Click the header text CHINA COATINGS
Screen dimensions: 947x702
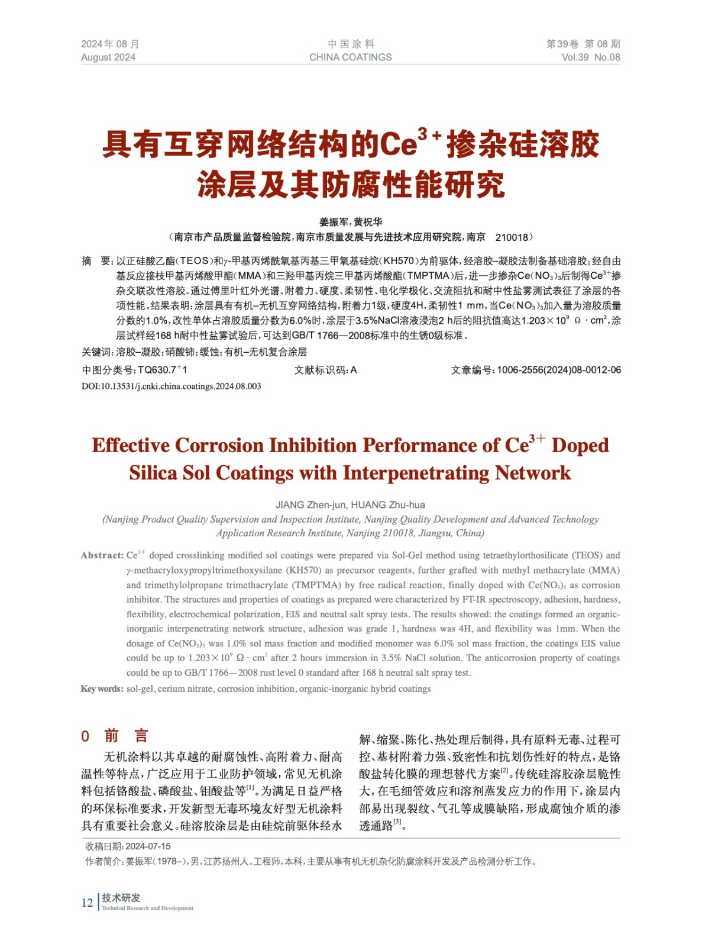(350, 57)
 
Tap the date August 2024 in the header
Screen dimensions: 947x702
(108, 57)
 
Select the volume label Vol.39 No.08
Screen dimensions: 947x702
(590, 57)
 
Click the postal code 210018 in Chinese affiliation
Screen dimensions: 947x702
(512, 237)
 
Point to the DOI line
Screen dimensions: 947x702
(172, 386)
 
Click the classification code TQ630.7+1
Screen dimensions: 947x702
(162, 370)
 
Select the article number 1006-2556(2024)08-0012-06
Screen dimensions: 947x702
(558, 370)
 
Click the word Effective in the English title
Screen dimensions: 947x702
(131, 446)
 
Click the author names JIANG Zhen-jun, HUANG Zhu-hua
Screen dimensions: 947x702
(350, 505)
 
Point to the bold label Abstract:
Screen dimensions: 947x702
(102, 555)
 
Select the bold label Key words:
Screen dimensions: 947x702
(102, 689)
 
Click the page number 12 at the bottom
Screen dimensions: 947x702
(87, 903)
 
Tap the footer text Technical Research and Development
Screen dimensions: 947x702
(147, 908)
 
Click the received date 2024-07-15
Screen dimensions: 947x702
(148, 846)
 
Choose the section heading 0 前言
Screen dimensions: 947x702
(115, 736)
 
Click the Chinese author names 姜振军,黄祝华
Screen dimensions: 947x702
(351, 222)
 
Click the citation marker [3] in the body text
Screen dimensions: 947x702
(397, 822)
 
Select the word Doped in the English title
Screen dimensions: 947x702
(580, 446)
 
